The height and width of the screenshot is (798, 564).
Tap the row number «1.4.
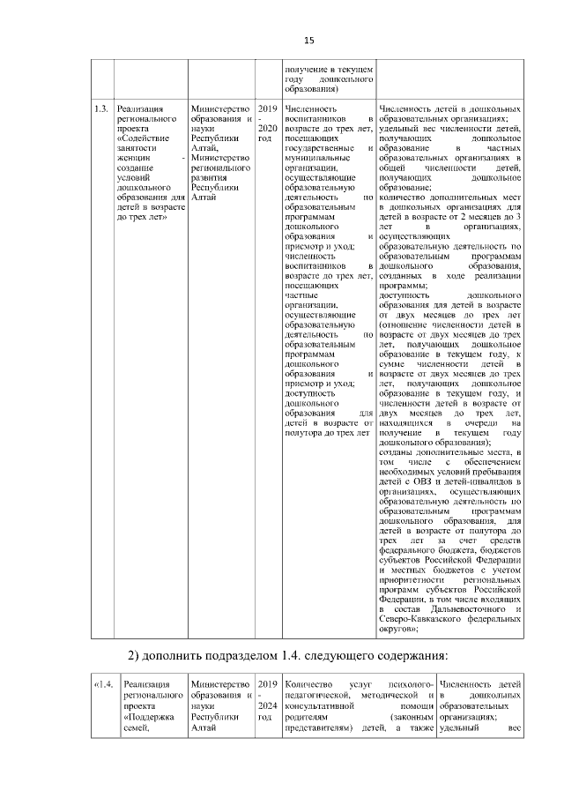click(x=104, y=684)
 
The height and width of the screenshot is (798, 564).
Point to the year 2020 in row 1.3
click(x=267, y=128)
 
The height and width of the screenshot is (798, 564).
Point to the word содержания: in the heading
click(x=412, y=654)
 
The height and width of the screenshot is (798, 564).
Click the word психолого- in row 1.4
click(x=408, y=684)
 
